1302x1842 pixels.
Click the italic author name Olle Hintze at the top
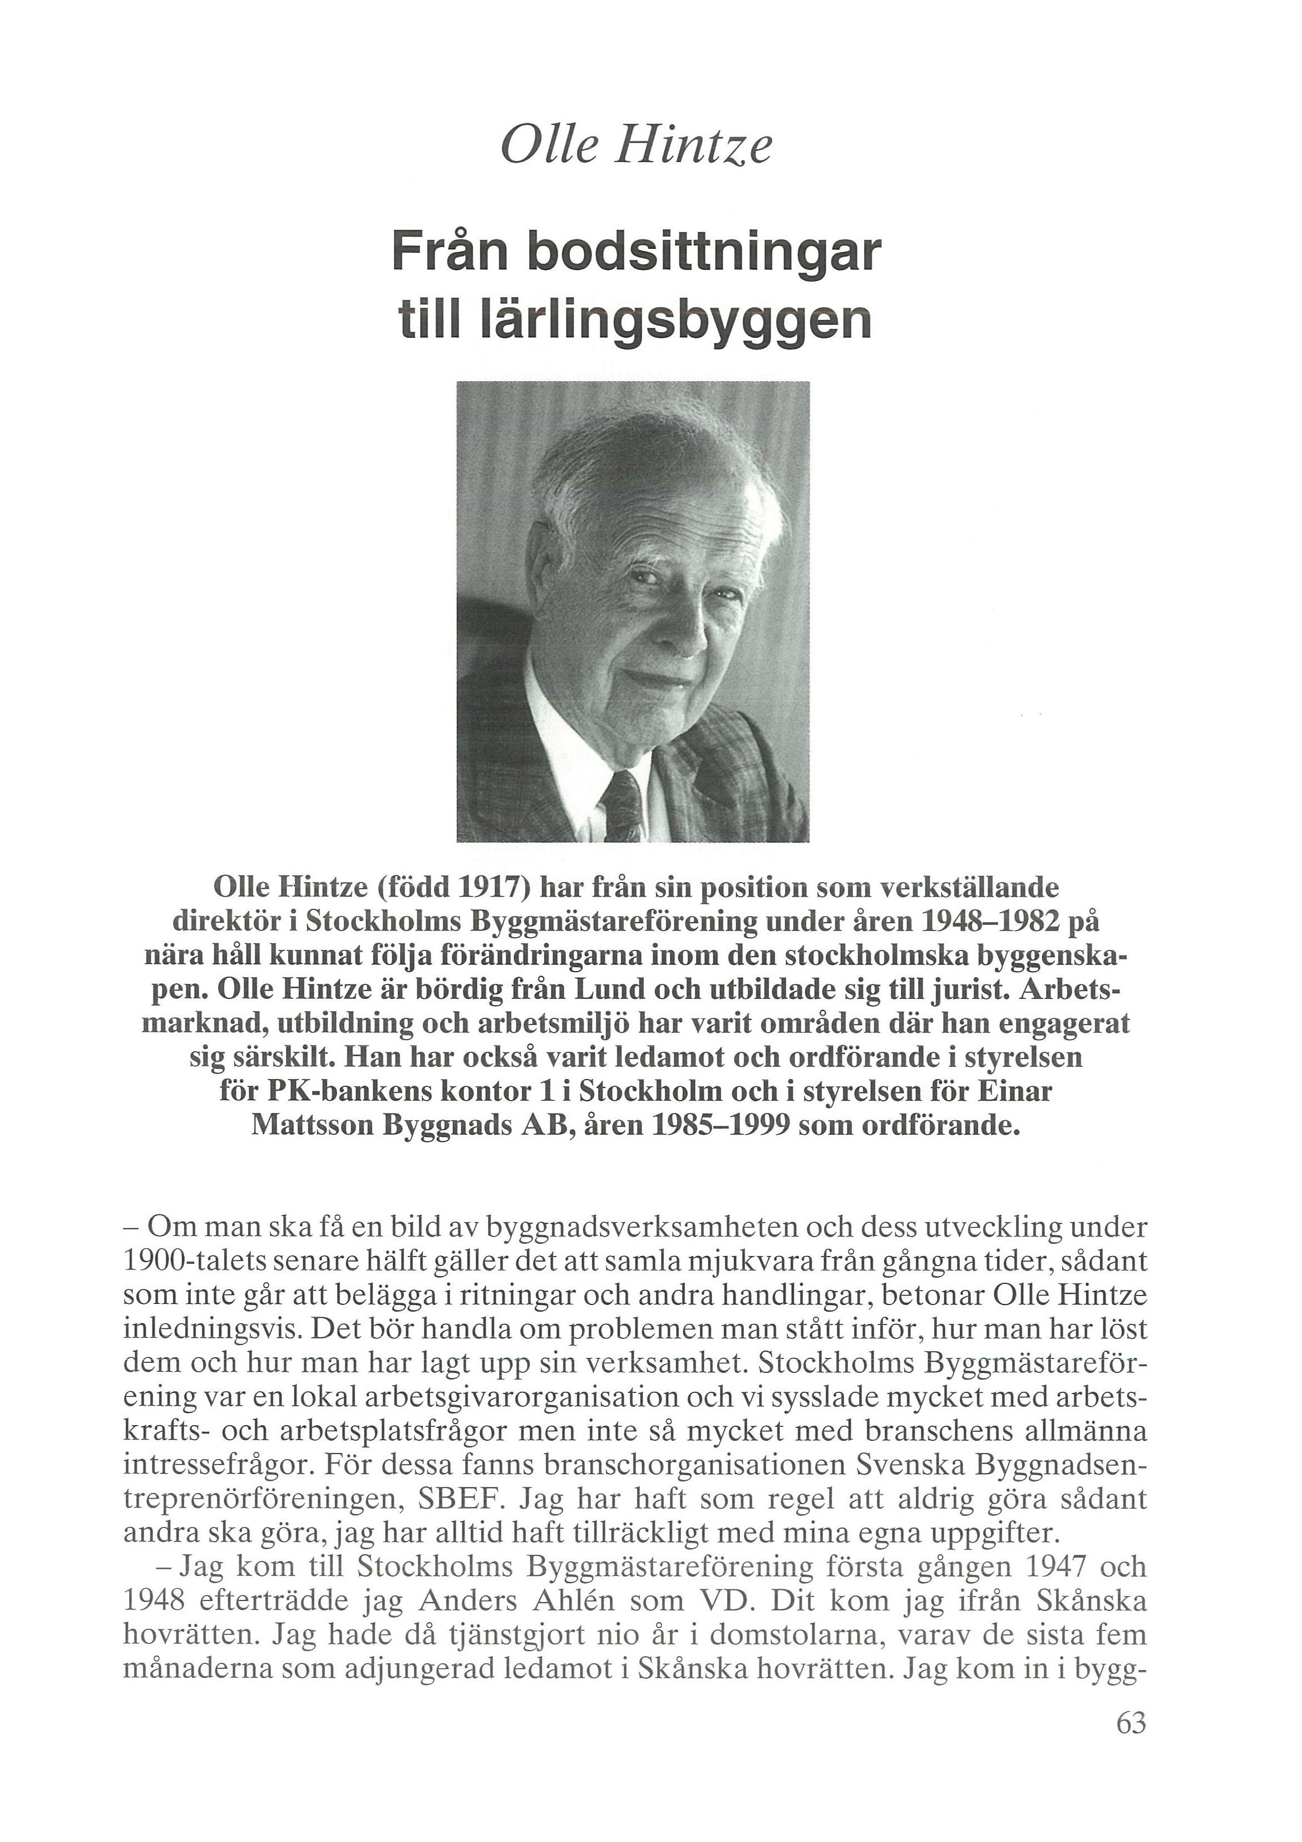pos(635,147)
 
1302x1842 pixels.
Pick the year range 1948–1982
pos(986,923)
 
